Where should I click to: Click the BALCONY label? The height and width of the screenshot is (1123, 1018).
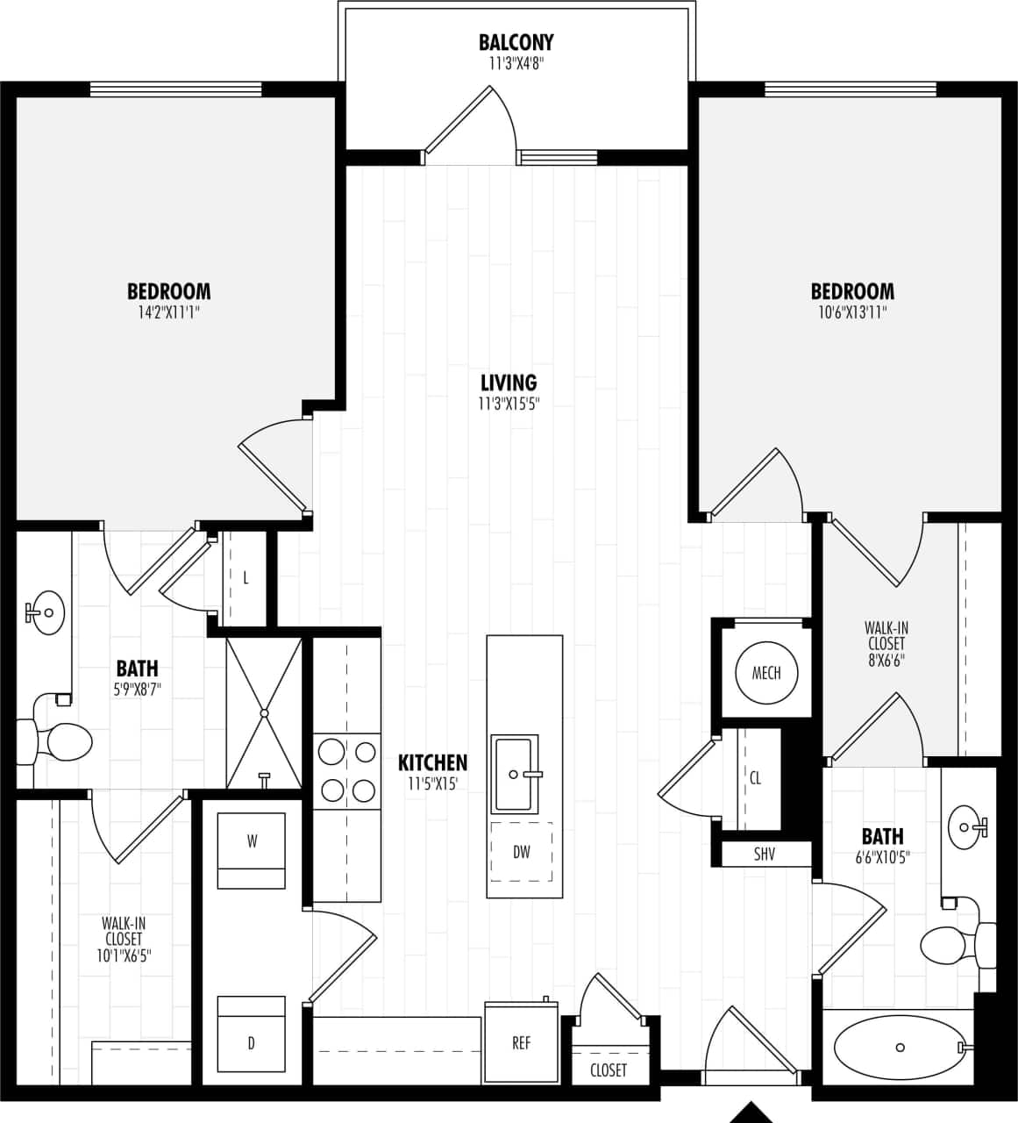[516, 42]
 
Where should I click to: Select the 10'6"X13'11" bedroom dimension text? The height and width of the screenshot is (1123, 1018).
[851, 311]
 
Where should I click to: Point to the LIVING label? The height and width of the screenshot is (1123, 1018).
[509, 383]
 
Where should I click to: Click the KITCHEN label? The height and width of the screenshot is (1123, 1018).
[432, 762]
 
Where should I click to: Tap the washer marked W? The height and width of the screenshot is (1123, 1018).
[252, 842]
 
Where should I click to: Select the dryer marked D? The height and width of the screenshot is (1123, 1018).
[252, 1042]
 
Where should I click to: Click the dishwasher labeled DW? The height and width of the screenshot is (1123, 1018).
[522, 852]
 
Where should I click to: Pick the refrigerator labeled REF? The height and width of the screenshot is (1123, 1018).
[522, 1043]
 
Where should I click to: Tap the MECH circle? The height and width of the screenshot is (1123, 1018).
[766, 673]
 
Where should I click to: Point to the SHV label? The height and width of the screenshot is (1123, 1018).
[765, 854]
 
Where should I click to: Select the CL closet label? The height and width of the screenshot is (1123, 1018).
[756, 778]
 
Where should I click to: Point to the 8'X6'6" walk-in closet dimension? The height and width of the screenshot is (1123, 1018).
[886, 660]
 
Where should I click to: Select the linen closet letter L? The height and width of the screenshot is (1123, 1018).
[246, 578]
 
